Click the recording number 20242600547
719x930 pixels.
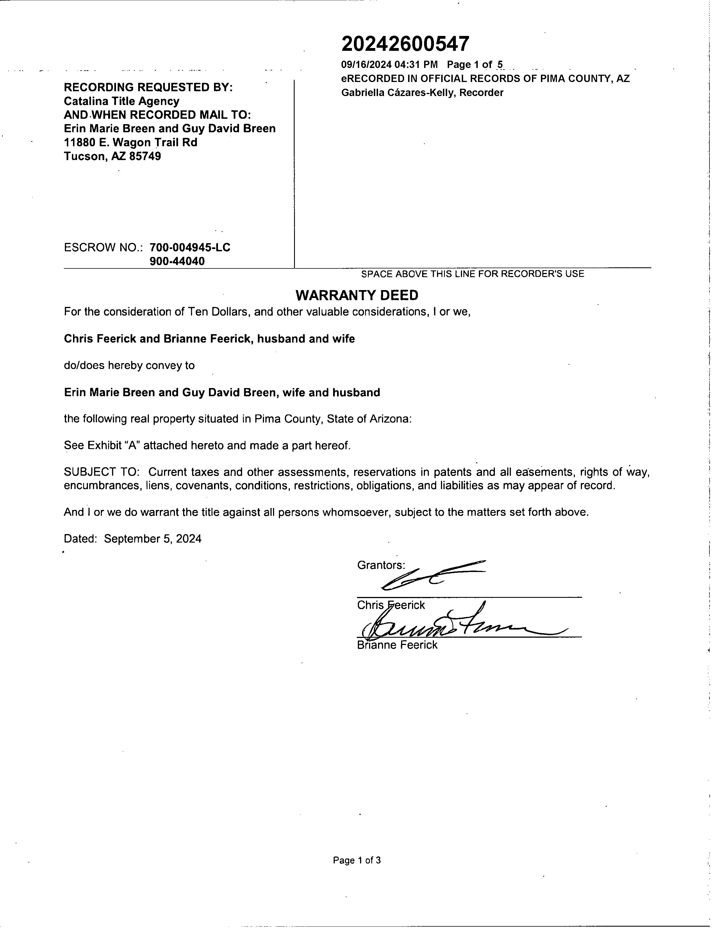tap(405, 44)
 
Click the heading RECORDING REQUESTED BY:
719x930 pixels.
tap(148, 87)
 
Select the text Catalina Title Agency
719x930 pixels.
tap(121, 101)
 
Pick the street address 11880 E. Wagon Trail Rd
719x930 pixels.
tap(130, 142)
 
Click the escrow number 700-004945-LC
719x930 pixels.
tap(190, 247)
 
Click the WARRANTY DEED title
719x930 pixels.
tap(357, 295)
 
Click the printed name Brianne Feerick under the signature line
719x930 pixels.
tap(397, 645)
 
